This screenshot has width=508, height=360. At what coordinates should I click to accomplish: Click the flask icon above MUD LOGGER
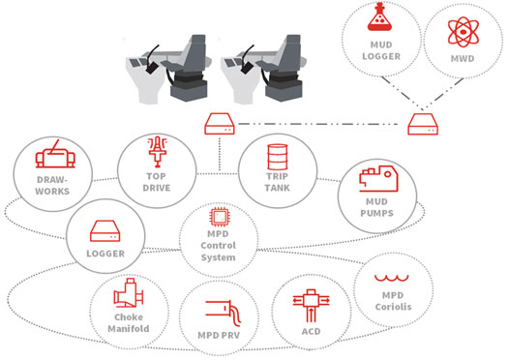pyautogui.click(x=378, y=21)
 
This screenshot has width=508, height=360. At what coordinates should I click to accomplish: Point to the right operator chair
pyautogui.click(x=272, y=68)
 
